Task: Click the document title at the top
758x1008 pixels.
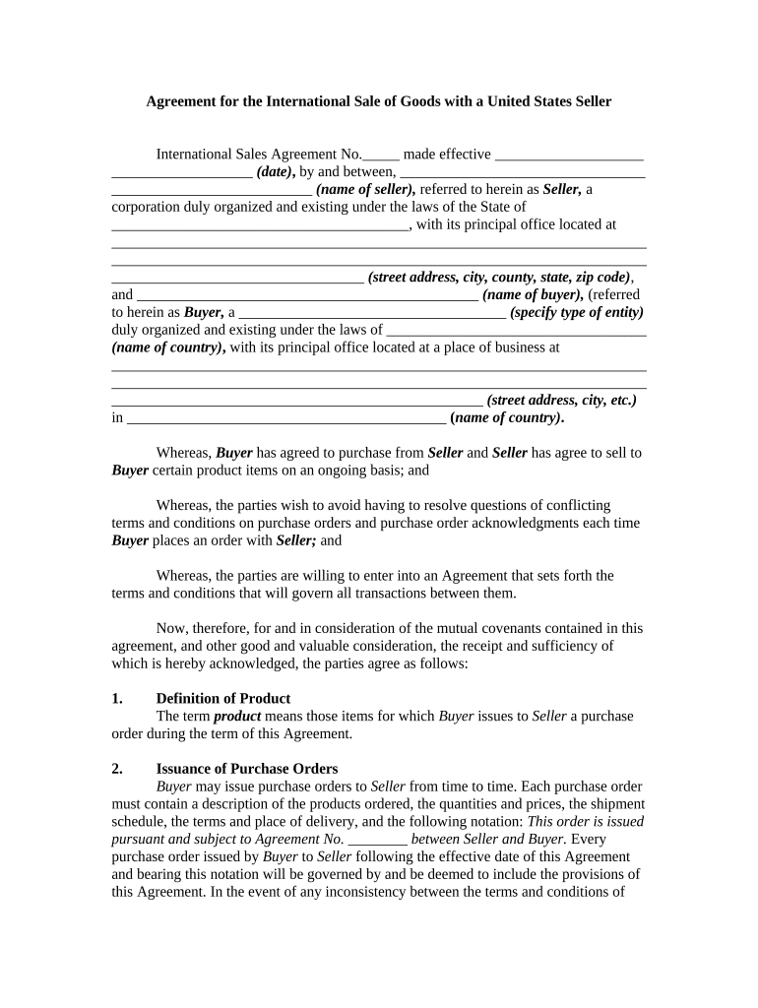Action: coord(379,101)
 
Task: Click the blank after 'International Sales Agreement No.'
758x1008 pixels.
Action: coord(381,156)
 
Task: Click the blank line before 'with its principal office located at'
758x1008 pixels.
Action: coord(260,225)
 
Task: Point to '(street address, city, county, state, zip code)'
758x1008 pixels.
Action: coord(499,278)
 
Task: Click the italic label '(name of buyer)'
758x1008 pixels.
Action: coord(533,294)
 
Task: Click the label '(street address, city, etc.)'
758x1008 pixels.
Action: coord(561,400)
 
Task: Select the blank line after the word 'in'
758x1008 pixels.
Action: coord(286,418)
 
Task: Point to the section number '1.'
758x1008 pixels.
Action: coord(118,699)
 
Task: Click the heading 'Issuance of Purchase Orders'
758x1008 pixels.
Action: coord(247,769)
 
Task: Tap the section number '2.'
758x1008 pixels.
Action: coord(118,769)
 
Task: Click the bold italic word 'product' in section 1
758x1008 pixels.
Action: coord(237,717)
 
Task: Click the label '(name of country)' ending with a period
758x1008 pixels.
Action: coord(506,417)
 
